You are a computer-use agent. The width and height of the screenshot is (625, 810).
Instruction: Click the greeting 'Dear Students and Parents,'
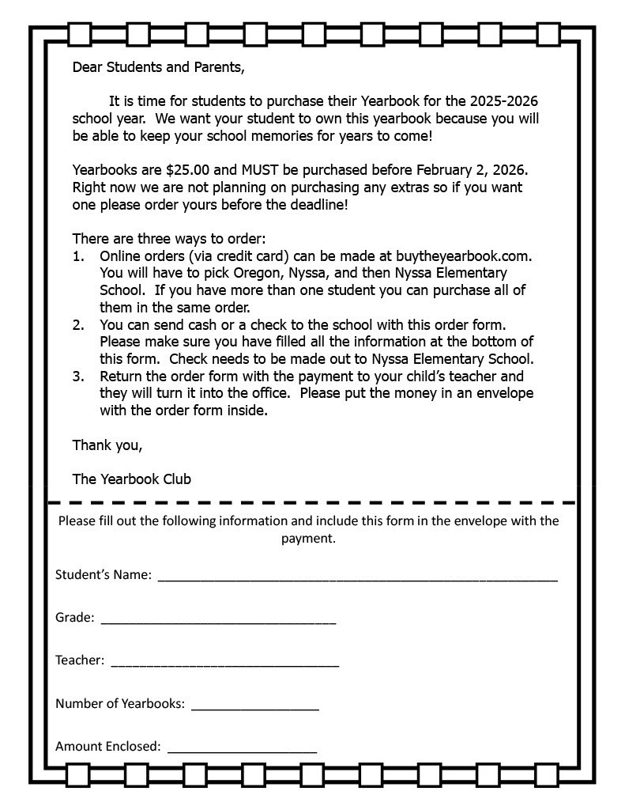158,67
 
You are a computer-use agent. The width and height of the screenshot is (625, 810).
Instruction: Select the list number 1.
77,256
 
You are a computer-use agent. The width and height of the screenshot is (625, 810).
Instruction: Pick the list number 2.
77,324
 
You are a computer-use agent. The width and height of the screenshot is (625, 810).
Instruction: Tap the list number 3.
77,377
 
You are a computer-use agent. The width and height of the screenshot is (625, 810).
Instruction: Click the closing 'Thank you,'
107,445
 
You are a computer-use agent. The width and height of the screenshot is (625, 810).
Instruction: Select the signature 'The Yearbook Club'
131,479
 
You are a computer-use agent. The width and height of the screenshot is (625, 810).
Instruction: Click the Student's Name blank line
357,579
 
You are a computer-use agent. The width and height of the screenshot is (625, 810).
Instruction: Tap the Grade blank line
218,623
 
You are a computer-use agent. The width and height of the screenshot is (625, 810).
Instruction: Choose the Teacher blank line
224,665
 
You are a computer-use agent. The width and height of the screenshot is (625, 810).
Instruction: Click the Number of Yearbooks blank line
254,708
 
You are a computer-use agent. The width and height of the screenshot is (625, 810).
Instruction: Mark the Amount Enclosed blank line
242,751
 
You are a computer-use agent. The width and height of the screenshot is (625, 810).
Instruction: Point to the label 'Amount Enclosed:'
107,746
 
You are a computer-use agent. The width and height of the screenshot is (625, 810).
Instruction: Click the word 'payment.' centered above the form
308,539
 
